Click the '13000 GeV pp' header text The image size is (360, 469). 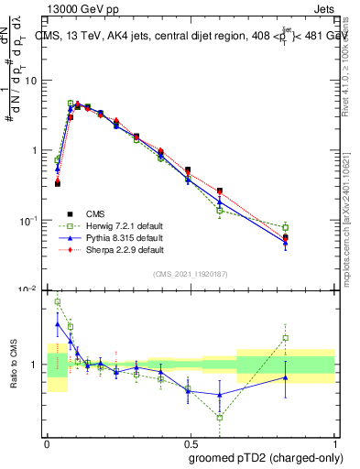pyautogui.click(x=81, y=8)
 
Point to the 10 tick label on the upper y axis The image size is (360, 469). pyautogui.click(x=32, y=81)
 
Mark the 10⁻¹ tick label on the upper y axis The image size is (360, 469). pyautogui.click(x=30, y=220)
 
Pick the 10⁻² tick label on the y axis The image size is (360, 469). pyautogui.click(x=30, y=289)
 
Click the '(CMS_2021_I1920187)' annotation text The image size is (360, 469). pyautogui.click(x=190, y=274)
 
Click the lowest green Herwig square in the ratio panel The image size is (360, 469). pyautogui.click(x=220, y=417)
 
